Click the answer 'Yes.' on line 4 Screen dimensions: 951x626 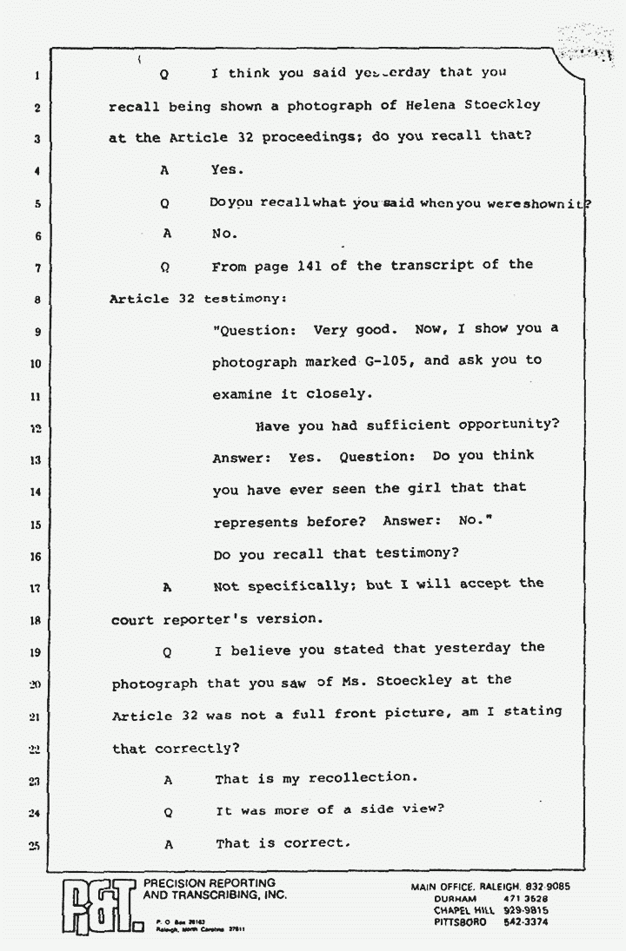coord(229,171)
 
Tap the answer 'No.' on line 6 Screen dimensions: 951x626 coord(224,234)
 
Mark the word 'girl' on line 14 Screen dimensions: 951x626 coord(423,489)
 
